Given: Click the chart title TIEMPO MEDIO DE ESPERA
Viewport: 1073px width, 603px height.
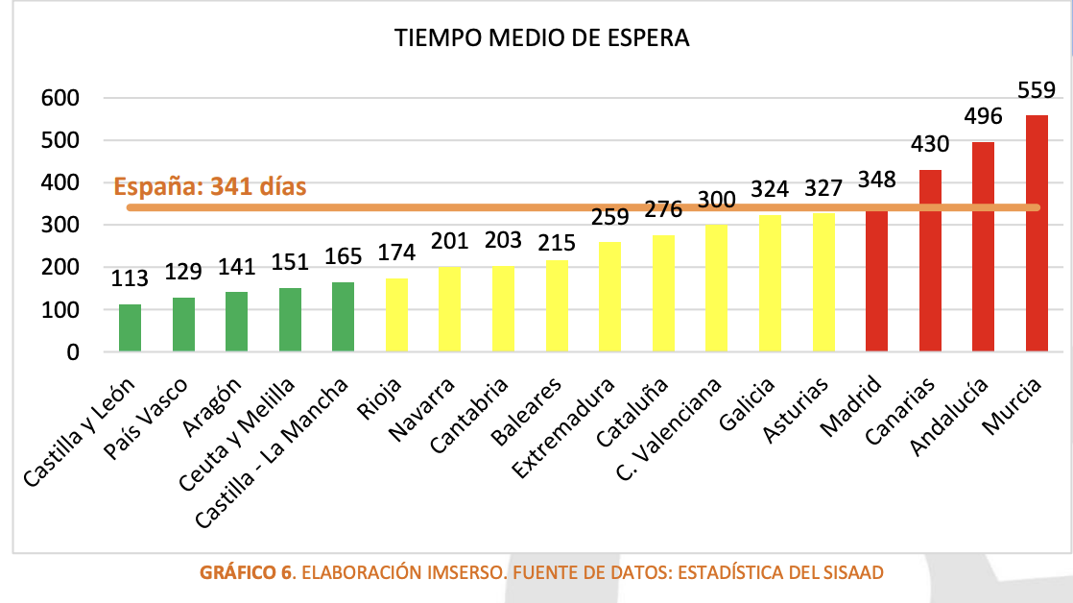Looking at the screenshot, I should [x=542, y=38].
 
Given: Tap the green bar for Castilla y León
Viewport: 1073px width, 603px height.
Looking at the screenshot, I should [x=130, y=328].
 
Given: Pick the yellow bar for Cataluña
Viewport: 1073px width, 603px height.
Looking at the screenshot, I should [x=663, y=294].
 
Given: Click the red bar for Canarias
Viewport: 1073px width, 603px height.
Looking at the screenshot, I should [x=930, y=261].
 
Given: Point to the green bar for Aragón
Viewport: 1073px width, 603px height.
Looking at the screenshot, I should [x=236, y=323].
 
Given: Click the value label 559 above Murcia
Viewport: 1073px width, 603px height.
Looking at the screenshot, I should [x=1037, y=90].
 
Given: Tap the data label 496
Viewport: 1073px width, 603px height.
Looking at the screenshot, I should [x=983, y=117].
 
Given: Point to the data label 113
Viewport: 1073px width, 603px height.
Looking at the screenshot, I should [x=130, y=278].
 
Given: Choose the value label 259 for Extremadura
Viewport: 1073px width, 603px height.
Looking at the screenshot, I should [x=609, y=217].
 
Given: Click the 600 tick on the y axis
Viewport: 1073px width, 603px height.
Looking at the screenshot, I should [x=60, y=98].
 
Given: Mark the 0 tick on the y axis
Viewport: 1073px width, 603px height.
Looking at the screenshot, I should [x=72, y=352].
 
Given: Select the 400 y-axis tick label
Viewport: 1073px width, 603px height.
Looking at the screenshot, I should [x=60, y=182].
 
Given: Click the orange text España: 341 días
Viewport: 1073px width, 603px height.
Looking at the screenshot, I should [x=209, y=186].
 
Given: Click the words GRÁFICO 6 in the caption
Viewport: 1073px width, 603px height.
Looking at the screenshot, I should [x=246, y=573].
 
